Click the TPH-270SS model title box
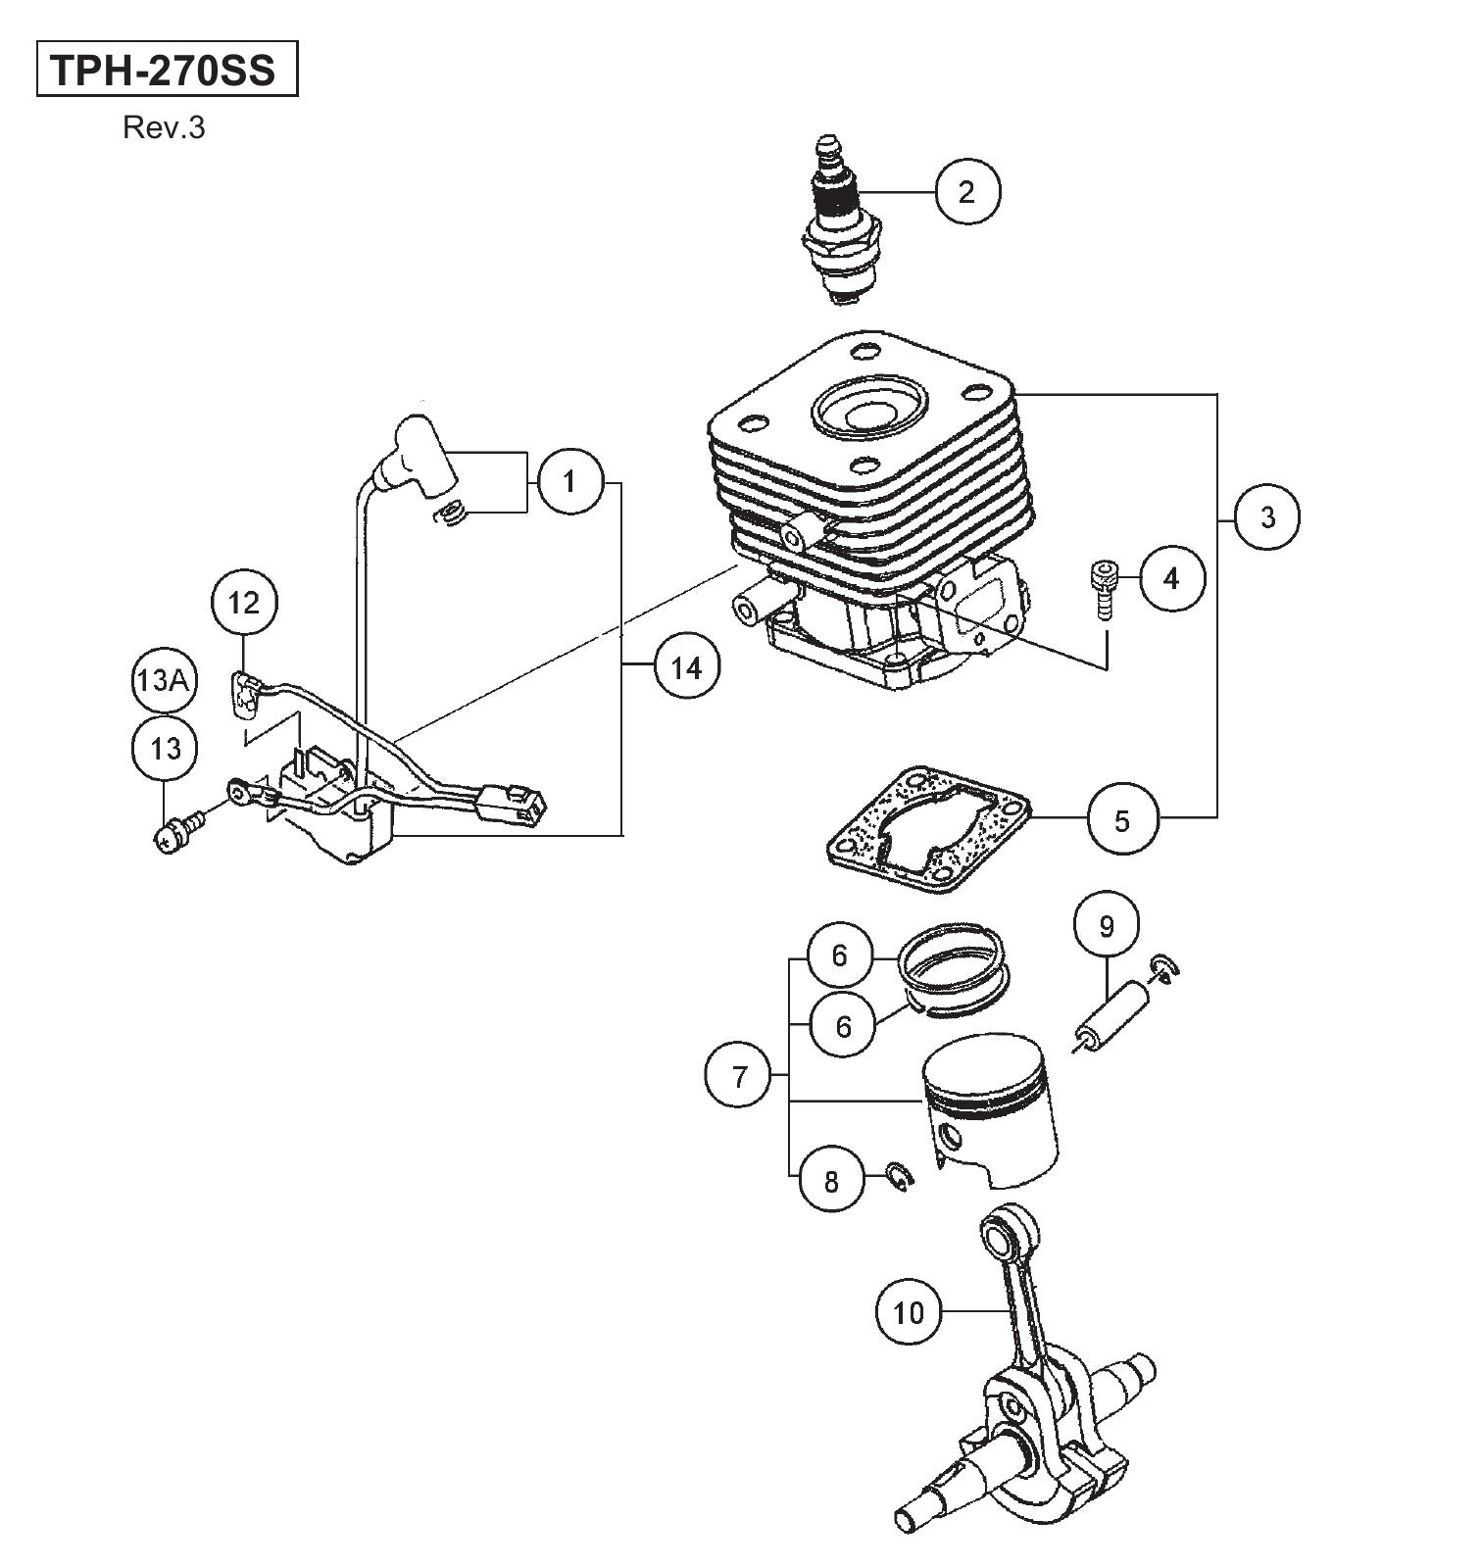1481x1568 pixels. tap(167, 69)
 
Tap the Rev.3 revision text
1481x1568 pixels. tap(164, 128)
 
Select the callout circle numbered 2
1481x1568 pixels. tap(967, 191)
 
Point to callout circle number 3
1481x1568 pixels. tap(1267, 516)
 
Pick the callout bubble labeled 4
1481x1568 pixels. tap(1172, 578)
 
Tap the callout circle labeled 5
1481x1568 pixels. tap(1122, 819)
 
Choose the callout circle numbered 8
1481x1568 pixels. tap(832, 1181)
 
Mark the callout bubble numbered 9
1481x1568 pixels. tap(1107, 925)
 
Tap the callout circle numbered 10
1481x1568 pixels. tap(909, 1311)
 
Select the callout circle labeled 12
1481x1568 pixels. tap(245, 602)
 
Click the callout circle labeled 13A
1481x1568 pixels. tap(164, 680)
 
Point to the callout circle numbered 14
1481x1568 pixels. tap(686, 666)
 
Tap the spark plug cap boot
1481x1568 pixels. tap(421, 455)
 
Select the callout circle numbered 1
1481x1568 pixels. tap(570, 481)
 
